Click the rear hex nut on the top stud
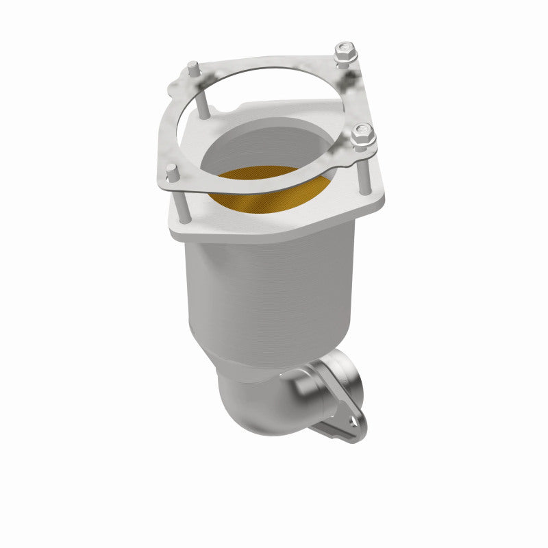point(344,51)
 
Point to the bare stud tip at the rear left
point(193,68)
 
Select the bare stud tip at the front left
point(172,171)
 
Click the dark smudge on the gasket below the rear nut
point(353,82)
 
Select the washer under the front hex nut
point(362,146)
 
